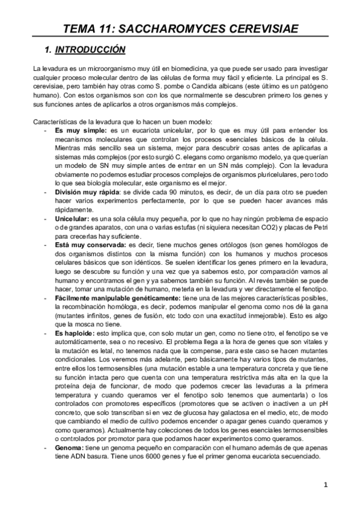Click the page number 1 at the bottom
[x=325, y=484]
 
